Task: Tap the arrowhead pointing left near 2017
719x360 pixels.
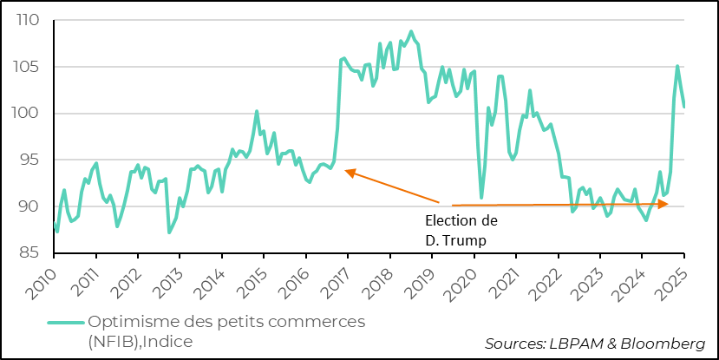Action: [x=348, y=172]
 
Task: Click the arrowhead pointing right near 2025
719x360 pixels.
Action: [x=663, y=205]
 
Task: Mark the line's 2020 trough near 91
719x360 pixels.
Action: [x=481, y=198]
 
